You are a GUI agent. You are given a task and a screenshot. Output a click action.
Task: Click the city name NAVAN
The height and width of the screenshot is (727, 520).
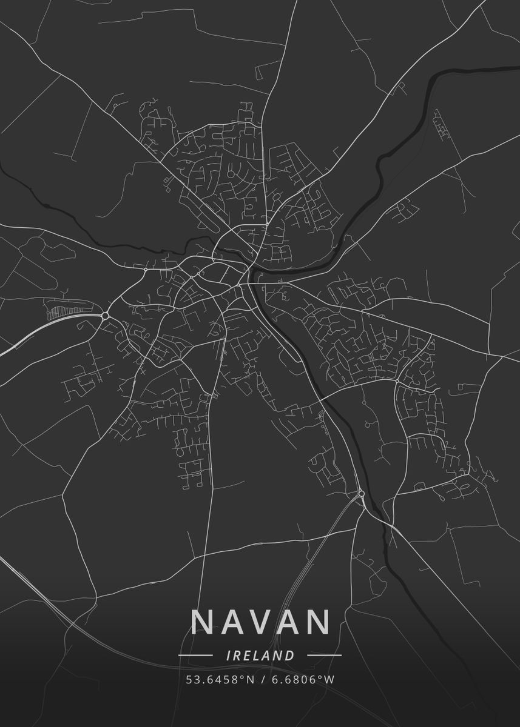click(261, 622)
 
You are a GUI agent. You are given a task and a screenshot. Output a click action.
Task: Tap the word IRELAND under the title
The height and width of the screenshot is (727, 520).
click(260, 656)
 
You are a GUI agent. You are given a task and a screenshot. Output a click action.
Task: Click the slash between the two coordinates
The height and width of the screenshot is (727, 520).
click(262, 679)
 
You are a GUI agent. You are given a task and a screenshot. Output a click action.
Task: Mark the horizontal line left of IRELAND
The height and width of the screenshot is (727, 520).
click(195, 656)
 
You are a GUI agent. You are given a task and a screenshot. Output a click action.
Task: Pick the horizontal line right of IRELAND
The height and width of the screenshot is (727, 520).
click(325, 656)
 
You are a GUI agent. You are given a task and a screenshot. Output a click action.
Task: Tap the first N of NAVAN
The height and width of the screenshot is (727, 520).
click(203, 622)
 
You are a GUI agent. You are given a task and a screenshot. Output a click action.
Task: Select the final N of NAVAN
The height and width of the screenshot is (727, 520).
click(319, 622)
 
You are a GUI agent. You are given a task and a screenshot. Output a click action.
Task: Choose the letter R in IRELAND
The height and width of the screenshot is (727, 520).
click(235, 656)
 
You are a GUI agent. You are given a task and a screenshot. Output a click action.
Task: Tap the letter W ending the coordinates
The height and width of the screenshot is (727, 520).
click(329, 679)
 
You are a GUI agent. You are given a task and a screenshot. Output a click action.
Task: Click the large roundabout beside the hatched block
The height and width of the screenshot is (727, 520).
click(105, 316)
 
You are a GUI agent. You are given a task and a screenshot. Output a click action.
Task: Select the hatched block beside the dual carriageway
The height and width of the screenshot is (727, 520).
click(61, 311)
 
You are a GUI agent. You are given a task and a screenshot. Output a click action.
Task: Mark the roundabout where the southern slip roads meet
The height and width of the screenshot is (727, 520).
click(361, 494)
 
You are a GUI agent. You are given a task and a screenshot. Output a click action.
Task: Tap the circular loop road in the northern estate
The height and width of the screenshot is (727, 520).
click(231, 174)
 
